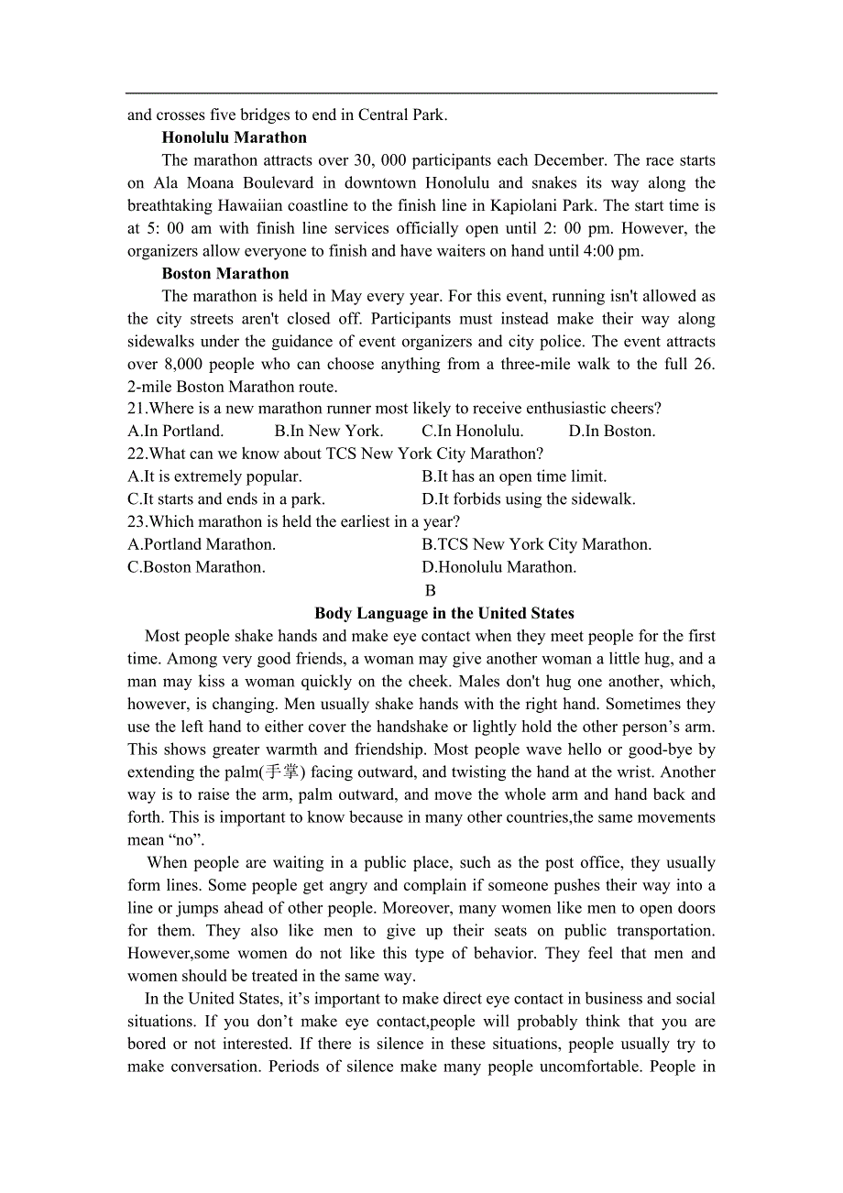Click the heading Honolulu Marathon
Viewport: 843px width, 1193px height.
tap(234, 137)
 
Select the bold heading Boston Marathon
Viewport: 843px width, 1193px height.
tap(224, 273)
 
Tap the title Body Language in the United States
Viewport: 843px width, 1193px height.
tap(444, 613)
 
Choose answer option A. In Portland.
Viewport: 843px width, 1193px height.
tap(175, 431)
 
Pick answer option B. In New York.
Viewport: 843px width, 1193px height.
tap(329, 431)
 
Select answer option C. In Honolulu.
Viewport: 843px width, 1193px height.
tap(473, 431)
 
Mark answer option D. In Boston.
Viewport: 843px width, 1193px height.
tap(612, 431)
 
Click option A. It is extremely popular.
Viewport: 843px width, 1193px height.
tap(214, 476)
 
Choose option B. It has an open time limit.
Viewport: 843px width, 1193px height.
tap(514, 476)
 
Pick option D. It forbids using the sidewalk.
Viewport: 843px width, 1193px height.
tap(529, 499)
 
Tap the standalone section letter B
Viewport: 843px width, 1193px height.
tap(431, 591)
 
